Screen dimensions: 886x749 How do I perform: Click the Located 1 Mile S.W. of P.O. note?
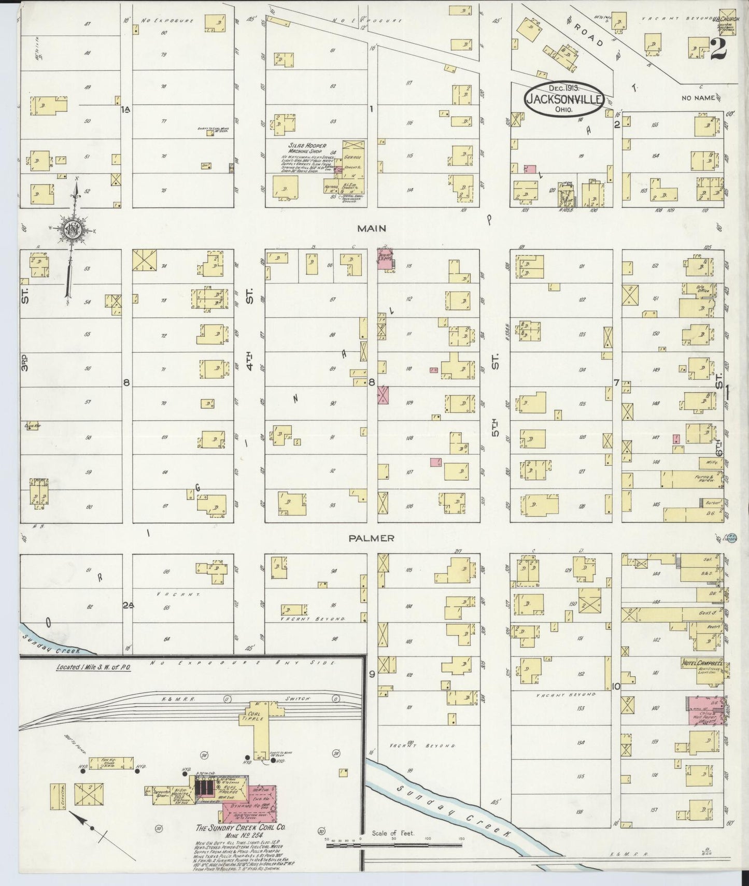tap(94, 667)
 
